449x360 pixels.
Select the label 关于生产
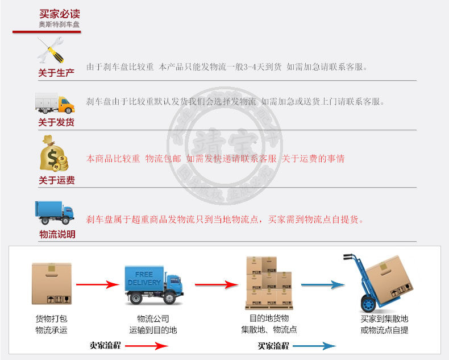pyautogui.click(x=56, y=73)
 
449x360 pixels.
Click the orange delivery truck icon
pyautogui.click(x=55, y=102)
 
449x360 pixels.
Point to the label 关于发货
pyautogui.click(x=56, y=122)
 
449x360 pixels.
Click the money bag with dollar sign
pyautogui.click(x=55, y=154)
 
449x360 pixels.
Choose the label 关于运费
pyautogui.click(x=56, y=180)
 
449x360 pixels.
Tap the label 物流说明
pyautogui.click(x=57, y=234)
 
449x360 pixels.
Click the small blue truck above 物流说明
pyautogui.click(x=55, y=212)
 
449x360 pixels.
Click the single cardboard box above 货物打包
pyautogui.click(x=51, y=283)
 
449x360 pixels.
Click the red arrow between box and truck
pyautogui.click(x=97, y=284)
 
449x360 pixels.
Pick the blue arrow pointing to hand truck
pyautogui.click(x=323, y=284)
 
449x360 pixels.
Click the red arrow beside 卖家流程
pyautogui.click(x=147, y=346)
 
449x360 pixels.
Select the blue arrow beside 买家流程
pyautogui.click(x=314, y=346)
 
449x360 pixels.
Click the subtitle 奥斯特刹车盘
pyautogui.click(x=59, y=24)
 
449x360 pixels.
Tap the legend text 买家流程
pyautogui.click(x=273, y=345)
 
